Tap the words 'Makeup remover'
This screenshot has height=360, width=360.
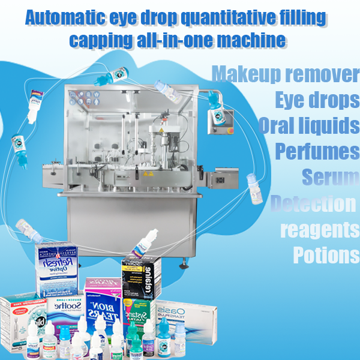(x=286, y=75)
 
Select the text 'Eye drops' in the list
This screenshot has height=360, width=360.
(x=316, y=100)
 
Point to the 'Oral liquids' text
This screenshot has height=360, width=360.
(x=309, y=126)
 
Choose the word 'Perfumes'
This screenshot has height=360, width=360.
(x=317, y=151)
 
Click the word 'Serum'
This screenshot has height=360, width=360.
(x=329, y=178)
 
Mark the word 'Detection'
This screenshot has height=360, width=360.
(x=313, y=204)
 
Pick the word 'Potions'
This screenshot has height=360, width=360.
(x=326, y=255)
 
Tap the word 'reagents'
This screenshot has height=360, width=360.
(x=319, y=230)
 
